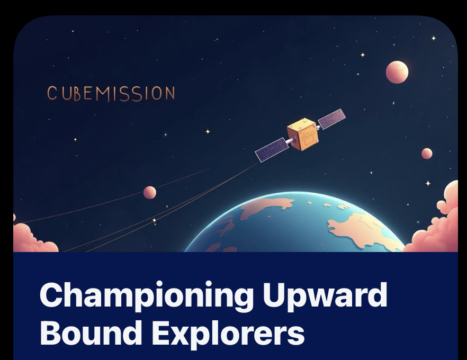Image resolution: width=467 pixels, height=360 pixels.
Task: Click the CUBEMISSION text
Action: (x=111, y=93)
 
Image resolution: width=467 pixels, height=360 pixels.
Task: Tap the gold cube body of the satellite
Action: (x=302, y=135)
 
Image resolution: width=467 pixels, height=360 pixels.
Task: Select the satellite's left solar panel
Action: (x=272, y=149)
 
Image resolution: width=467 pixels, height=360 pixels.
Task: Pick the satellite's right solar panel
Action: (x=332, y=119)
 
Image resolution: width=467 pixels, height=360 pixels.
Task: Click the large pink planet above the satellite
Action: (x=397, y=72)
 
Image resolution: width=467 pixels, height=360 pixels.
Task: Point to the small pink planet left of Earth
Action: (x=150, y=192)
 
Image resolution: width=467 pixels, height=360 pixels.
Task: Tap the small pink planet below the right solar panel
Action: (x=427, y=154)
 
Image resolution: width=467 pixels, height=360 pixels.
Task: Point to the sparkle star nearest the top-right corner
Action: (x=433, y=38)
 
